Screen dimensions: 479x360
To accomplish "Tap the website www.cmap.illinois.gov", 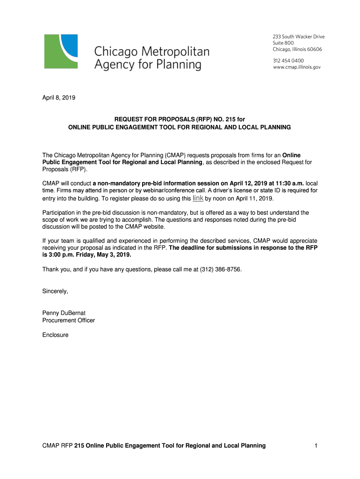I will pyautogui.click(x=296, y=67).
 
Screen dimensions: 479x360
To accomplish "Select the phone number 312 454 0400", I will pyautogui.click(x=288, y=61).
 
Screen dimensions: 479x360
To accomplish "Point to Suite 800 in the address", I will pyautogui.click(x=283, y=43).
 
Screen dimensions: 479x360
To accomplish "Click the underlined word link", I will pyautogui.click(x=198, y=198).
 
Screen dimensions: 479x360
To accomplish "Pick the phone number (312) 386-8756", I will pyautogui.click(x=221, y=269).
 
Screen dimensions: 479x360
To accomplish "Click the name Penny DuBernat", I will pyautogui.click(x=64, y=313).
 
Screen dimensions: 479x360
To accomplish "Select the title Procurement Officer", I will pyautogui.click(x=69, y=320).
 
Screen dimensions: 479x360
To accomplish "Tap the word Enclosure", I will pyautogui.click(x=56, y=335).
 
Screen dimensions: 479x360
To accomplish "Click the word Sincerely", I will pyautogui.click(x=55, y=291).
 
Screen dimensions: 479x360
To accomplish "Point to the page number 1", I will pyautogui.click(x=316, y=446).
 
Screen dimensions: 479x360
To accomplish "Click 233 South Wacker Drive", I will pyautogui.click(x=298, y=37).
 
